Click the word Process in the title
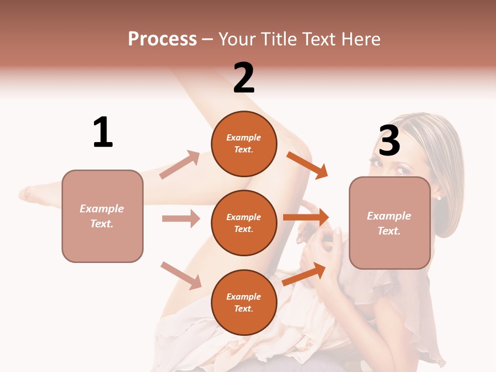coord(162,39)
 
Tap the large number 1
coord(103,132)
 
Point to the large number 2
coord(244,78)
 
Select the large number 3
coord(390,141)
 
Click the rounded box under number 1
coord(102,216)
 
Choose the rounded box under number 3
coord(390,223)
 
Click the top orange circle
coord(244,144)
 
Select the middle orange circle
coord(244,223)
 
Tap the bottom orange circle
coord(244,302)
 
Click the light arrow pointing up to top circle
coord(180,164)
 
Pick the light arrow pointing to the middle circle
coord(181,219)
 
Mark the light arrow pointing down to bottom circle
coord(181,275)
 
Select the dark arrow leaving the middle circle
coord(306,218)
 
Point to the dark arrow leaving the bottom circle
coord(304,273)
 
